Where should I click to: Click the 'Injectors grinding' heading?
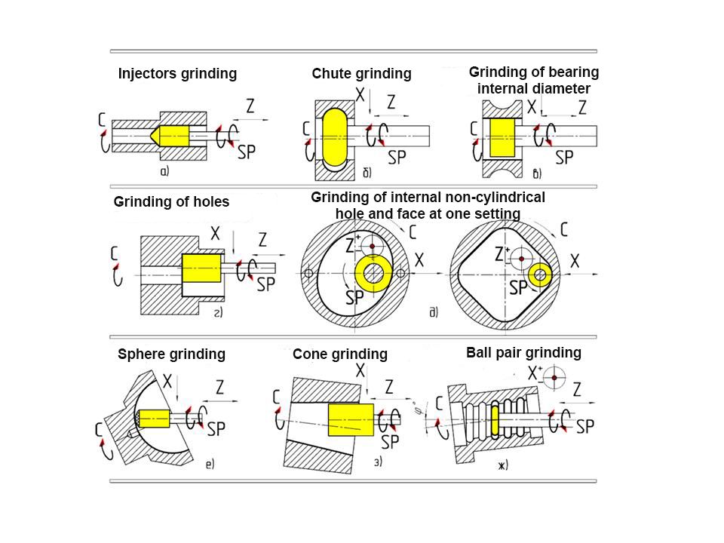coord(177,74)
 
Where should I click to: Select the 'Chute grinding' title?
coord(361,74)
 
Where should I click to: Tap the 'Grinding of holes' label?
coord(171,202)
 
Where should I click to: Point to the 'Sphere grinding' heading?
coord(172,354)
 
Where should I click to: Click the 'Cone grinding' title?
coord(339,354)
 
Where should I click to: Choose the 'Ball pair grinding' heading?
coord(523,352)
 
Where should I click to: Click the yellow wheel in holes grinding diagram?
coord(201,268)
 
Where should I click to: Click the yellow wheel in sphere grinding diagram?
coord(154,418)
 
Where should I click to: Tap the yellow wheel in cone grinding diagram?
coord(351,419)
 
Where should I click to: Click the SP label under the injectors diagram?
coord(246,152)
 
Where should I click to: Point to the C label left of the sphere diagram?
coord(100,429)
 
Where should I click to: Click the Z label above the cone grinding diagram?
coord(389,387)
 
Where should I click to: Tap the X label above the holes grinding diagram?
coord(216,235)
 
